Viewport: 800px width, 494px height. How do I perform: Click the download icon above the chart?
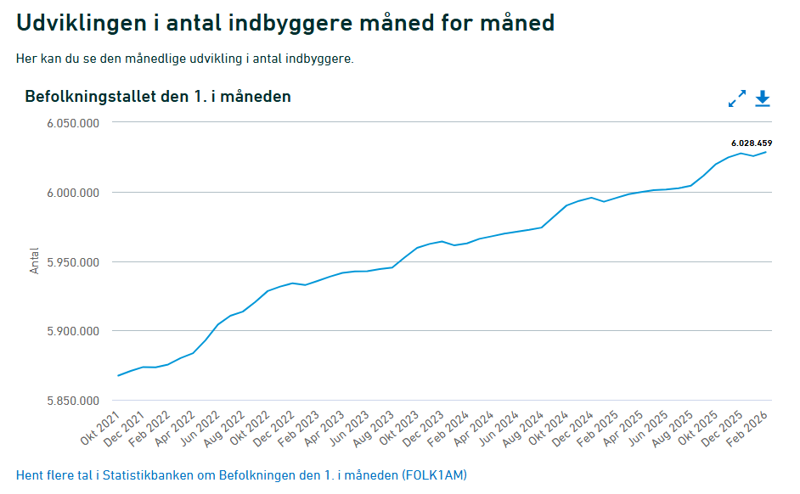click(762, 98)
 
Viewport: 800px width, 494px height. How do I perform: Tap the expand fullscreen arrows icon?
click(736, 98)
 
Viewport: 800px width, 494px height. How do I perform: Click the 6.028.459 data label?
click(751, 143)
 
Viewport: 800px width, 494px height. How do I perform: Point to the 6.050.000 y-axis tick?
click(73, 123)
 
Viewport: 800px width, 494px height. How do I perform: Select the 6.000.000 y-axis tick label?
click(73, 193)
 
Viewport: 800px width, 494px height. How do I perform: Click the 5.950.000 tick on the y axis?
click(73, 262)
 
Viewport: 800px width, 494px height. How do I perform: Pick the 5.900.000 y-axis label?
click(73, 331)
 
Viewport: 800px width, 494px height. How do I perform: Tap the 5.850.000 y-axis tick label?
click(73, 401)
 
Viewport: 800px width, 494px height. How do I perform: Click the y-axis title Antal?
click(35, 261)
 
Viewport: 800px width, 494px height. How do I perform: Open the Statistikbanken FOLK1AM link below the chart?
click(241, 474)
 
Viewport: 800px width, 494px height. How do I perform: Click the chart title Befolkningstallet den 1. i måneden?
click(158, 97)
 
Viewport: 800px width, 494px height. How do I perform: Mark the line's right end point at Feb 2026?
click(766, 152)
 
